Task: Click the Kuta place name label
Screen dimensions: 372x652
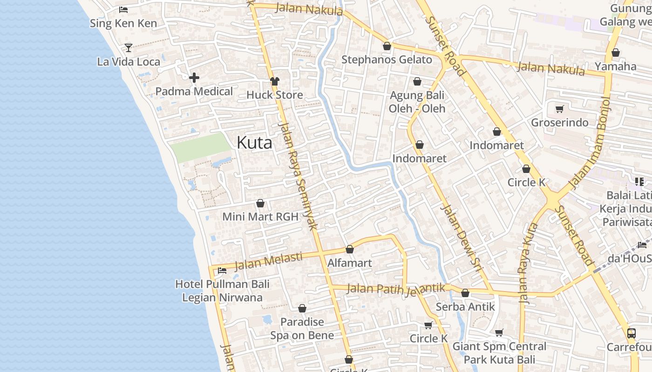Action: point(254,143)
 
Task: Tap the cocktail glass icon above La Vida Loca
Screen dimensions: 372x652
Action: point(129,47)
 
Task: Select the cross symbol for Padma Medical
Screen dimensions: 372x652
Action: point(194,77)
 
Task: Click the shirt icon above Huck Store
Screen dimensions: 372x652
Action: point(275,81)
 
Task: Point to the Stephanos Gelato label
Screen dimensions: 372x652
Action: point(387,60)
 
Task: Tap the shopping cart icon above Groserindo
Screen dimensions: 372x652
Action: point(559,109)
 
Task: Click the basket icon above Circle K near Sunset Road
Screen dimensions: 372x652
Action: point(526,169)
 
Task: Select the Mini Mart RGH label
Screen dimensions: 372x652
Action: point(260,217)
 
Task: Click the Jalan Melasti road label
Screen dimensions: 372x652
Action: point(268,261)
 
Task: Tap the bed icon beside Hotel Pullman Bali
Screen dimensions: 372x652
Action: point(222,270)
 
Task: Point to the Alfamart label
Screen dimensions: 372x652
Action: point(349,263)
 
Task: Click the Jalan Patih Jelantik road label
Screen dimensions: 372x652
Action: point(396,289)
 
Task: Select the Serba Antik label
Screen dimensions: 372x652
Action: point(465,307)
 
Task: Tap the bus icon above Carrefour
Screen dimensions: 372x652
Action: point(632,333)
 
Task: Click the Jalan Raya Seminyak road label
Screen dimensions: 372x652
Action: point(297,177)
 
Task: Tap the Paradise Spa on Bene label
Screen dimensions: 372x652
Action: point(302,328)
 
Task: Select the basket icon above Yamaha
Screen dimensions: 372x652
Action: point(615,53)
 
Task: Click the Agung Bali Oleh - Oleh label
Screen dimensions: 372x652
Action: point(417,102)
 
